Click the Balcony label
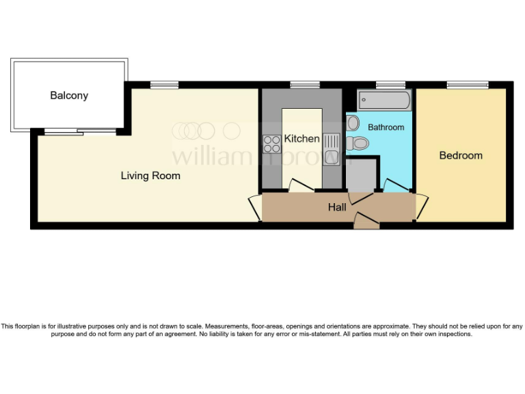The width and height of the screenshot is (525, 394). [69, 96]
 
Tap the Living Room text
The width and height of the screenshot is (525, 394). [150, 176]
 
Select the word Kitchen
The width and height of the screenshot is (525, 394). [301, 139]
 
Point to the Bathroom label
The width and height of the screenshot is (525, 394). [386, 127]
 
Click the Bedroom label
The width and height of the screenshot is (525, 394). [461, 155]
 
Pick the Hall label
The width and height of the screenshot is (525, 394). [337, 207]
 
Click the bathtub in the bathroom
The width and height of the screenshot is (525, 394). [385, 101]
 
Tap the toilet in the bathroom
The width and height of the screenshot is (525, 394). [358, 144]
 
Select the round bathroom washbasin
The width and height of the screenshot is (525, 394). [353, 123]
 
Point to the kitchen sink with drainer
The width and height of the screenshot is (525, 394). [331, 144]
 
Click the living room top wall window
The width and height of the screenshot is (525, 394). [164, 85]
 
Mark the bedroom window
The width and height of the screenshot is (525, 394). [468, 85]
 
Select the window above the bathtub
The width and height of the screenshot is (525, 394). [390, 85]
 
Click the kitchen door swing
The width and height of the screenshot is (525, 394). [299, 185]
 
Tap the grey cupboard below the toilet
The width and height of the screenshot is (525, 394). [362, 175]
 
